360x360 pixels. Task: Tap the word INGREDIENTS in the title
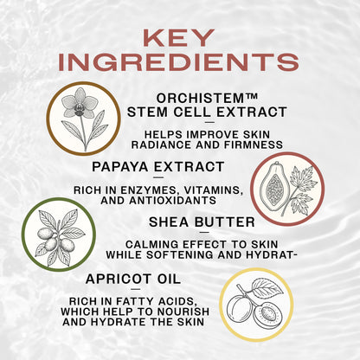click(x=180, y=62)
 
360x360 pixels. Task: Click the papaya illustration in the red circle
click(x=281, y=183)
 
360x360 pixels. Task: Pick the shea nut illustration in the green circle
click(x=60, y=234)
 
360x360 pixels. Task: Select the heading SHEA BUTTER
click(x=215, y=222)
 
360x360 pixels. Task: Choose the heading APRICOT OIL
click(x=133, y=279)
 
